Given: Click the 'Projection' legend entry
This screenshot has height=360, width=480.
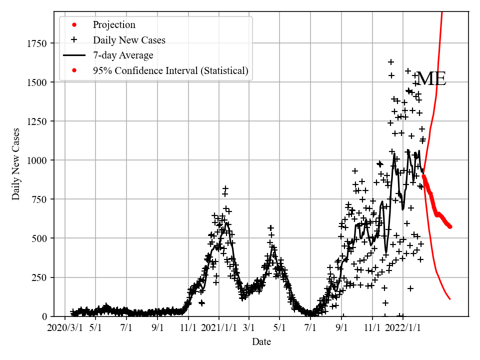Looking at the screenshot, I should tap(113, 24).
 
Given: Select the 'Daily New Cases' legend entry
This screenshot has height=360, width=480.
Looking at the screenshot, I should tap(129, 40).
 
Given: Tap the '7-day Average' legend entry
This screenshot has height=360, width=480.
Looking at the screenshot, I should tap(123, 55).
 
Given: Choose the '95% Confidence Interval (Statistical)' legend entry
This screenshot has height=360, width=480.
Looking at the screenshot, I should tap(170, 70).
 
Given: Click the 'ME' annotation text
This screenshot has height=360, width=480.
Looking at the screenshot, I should tap(431, 79).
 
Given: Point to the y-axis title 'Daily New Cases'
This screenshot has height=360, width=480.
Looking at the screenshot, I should tap(16, 164).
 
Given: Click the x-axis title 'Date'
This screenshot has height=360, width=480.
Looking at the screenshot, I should tap(261, 342).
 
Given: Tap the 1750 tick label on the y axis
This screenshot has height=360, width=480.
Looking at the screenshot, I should tap(37, 44).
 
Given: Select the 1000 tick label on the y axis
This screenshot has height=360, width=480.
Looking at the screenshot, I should tap(37, 160).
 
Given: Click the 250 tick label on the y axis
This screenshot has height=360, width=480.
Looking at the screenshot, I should tap(39, 277).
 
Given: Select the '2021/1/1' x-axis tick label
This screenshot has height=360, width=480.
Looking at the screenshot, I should tap(219, 328).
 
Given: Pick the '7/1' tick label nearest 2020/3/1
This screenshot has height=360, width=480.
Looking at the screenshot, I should tap(126, 328).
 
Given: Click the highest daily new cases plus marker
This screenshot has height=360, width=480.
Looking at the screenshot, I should tap(391, 62).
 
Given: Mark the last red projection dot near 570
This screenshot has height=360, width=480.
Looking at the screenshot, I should tap(450, 226).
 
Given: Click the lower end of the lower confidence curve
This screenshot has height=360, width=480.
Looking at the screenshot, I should tap(450, 299).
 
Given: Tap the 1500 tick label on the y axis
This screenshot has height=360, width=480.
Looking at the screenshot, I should tap(37, 82).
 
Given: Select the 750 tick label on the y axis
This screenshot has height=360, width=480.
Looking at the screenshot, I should tap(39, 199).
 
